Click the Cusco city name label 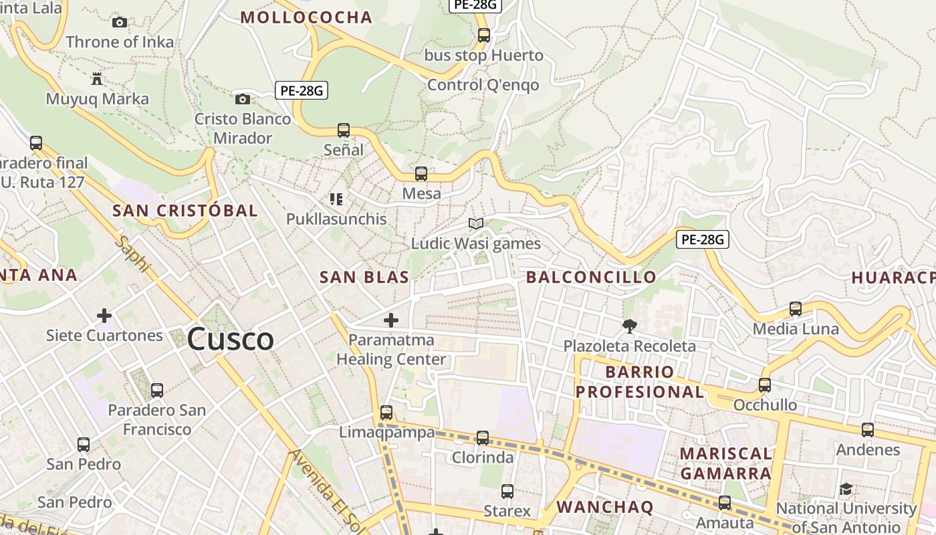pos(231,339)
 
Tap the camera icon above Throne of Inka pos(120,22)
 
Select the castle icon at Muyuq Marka pos(97,79)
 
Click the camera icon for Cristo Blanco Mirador pos(243,99)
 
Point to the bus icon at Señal pos(344,130)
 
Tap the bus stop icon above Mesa pos(421,173)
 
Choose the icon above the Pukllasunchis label pos(336,199)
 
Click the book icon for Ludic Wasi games pos(476,223)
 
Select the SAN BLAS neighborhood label pos(364,278)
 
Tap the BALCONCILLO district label pos(591,278)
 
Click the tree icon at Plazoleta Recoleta pos(629,326)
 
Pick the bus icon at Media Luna pos(796,308)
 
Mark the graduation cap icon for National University pos(846,489)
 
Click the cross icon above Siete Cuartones pos(104,315)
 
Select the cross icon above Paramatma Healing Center pos(391,320)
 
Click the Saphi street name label pos(132,253)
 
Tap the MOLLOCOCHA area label pos(306,17)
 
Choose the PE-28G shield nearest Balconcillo pos(702,239)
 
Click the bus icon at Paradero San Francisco pos(157,390)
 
